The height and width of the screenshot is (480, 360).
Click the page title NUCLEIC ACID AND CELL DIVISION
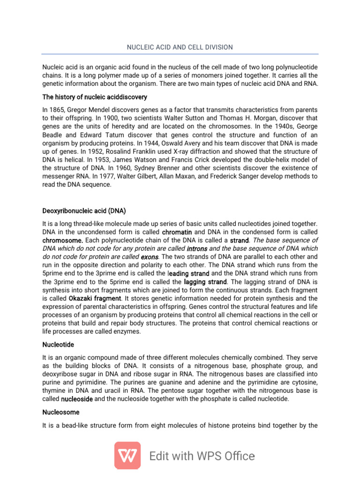180,47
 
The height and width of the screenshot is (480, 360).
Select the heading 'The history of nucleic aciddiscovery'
95,97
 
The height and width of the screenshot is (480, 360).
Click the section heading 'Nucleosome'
61,412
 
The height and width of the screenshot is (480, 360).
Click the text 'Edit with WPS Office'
202,456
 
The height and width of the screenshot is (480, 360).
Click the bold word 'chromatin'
177,232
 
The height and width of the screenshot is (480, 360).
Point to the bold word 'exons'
150,257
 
